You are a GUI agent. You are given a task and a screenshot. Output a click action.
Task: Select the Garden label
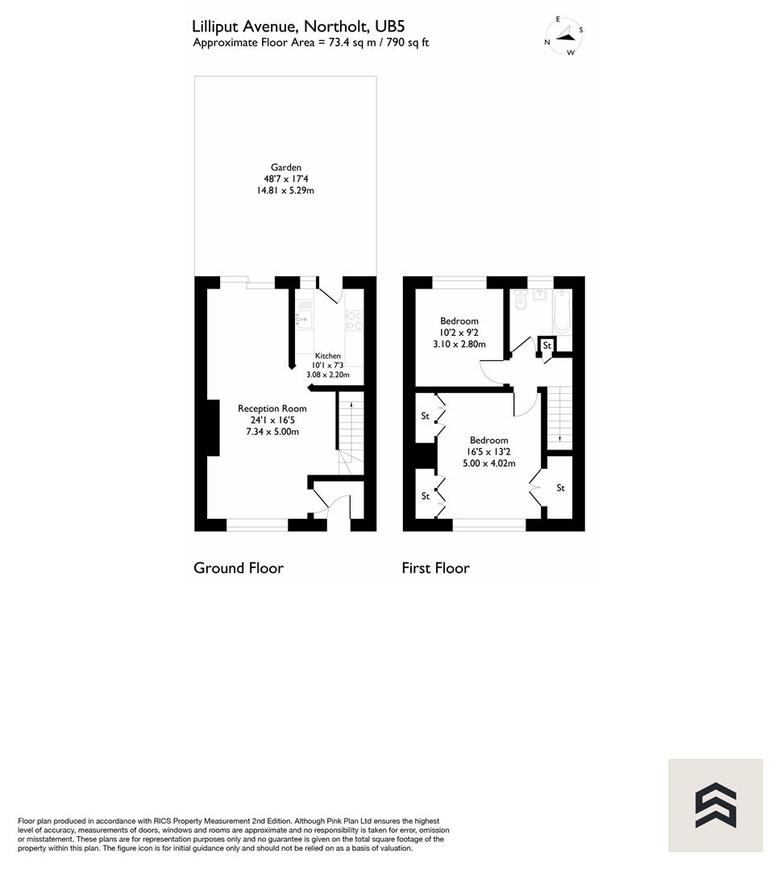pyautogui.click(x=286, y=168)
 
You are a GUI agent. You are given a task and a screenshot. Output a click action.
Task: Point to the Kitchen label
pyautogui.click(x=327, y=355)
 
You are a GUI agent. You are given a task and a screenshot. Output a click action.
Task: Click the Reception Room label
pyautogui.click(x=272, y=408)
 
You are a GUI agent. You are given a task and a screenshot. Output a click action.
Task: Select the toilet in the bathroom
pyautogui.click(x=520, y=300)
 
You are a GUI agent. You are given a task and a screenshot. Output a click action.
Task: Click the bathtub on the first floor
pyautogui.click(x=562, y=314)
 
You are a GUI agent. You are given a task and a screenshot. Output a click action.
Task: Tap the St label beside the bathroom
pyautogui.click(x=546, y=346)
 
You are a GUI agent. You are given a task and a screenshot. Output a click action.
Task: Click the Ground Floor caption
pyautogui.click(x=239, y=568)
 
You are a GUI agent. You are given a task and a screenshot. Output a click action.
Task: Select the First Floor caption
pyautogui.click(x=435, y=568)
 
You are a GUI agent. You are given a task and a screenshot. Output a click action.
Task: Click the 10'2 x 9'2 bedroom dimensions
pyautogui.click(x=459, y=333)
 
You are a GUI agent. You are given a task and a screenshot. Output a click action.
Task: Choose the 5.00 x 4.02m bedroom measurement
pyautogui.click(x=488, y=463)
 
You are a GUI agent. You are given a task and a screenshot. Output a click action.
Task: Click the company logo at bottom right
pyautogui.click(x=715, y=806)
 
